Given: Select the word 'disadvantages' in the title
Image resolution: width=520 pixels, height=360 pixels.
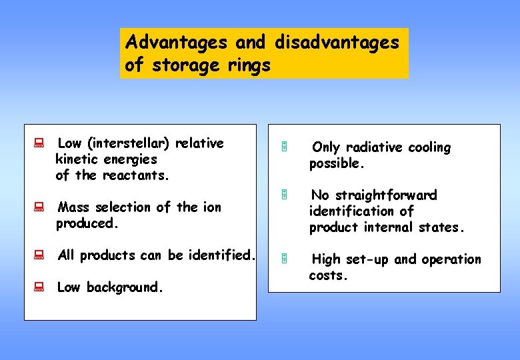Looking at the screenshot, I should pyautogui.click(x=337, y=43).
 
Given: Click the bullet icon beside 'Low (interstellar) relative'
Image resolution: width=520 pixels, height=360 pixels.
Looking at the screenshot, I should pyautogui.click(x=39, y=143).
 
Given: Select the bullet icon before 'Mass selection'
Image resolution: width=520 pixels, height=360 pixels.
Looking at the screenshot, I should pyautogui.click(x=39, y=207).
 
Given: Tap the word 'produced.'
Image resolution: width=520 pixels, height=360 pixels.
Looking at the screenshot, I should pyautogui.click(x=87, y=224).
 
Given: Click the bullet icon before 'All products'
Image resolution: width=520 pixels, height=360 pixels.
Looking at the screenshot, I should pyautogui.click(x=39, y=255).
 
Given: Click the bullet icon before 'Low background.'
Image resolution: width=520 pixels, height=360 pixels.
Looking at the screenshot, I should pyautogui.click(x=39, y=287).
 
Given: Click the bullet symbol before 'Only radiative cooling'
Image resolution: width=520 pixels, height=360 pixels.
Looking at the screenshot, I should pyautogui.click(x=283, y=147).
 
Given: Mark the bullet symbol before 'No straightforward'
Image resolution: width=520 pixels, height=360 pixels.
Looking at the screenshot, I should pyautogui.click(x=283, y=195).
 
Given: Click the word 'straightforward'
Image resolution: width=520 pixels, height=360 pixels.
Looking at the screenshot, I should pyautogui.click(x=386, y=195).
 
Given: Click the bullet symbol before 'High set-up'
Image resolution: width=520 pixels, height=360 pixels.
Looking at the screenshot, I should pyautogui.click(x=283, y=259).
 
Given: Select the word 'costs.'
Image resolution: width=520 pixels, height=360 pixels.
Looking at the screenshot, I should pyautogui.click(x=329, y=275).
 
